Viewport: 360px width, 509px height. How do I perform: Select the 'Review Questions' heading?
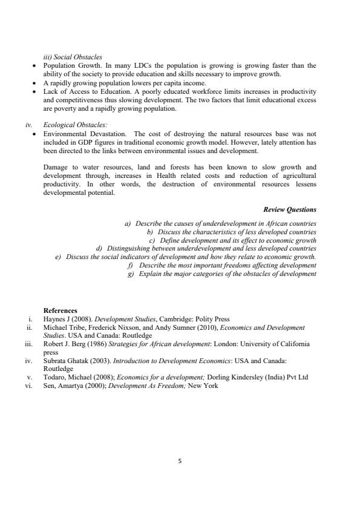tap(290, 209)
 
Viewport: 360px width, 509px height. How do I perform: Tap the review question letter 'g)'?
tap(131, 274)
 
